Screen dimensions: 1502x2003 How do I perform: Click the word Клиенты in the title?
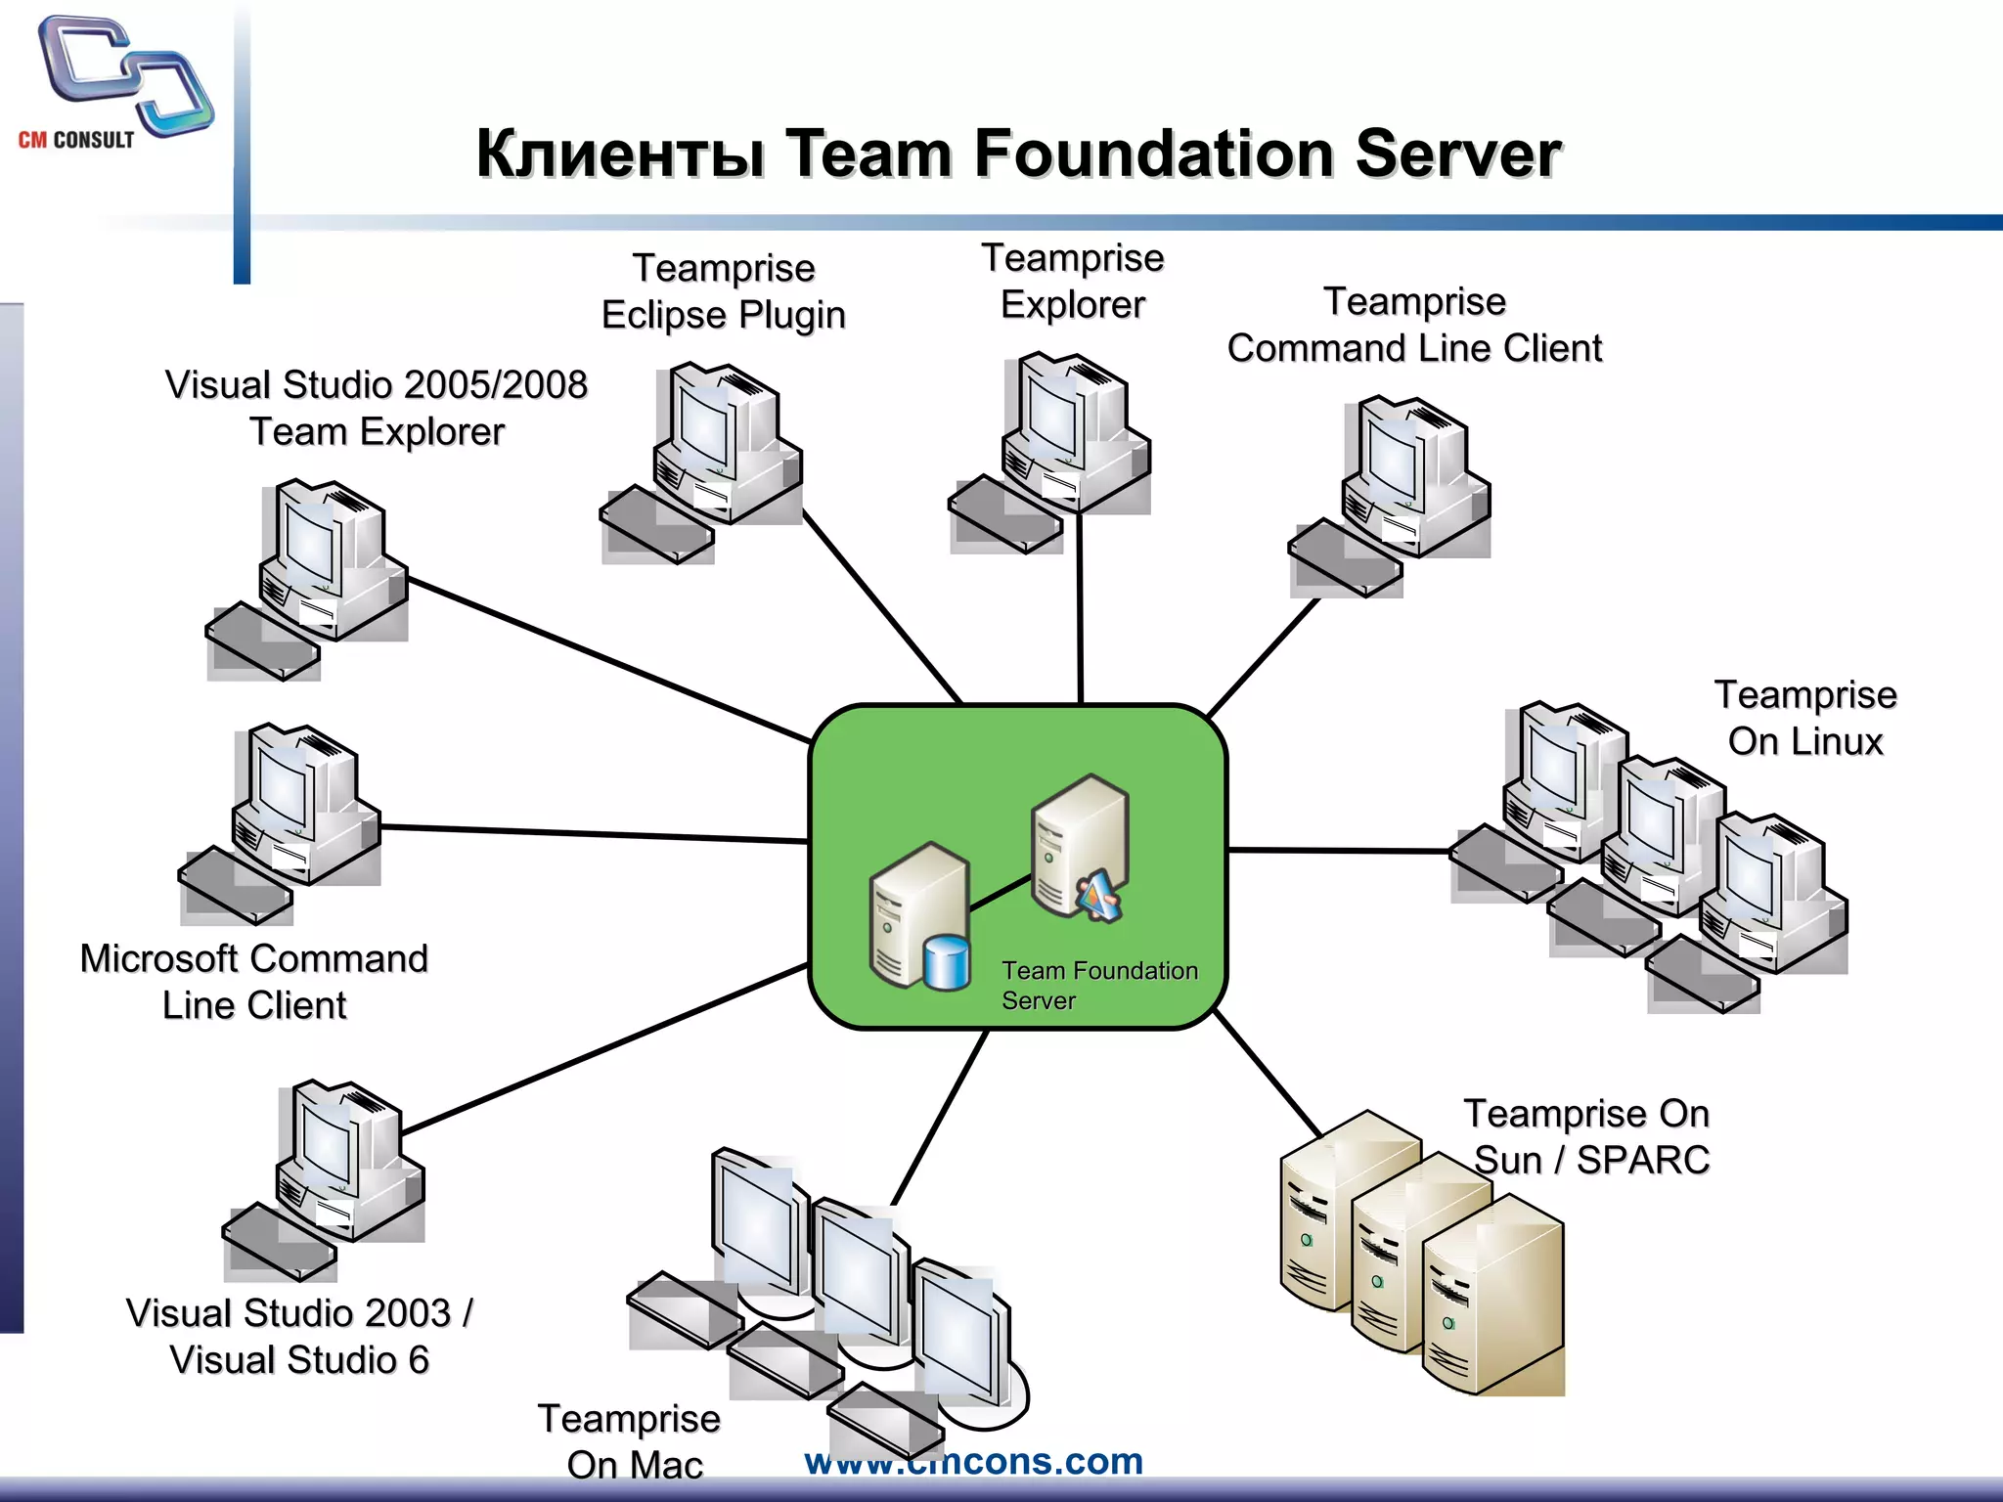point(620,155)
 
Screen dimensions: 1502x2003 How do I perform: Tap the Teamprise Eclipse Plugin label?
point(723,291)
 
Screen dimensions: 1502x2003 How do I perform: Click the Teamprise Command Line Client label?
point(1414,325)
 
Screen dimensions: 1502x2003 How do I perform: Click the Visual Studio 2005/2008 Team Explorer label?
point(377,408)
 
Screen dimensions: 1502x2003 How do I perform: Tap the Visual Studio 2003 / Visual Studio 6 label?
point(299,1336)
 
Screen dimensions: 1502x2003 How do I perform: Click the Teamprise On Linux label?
point(1804,718)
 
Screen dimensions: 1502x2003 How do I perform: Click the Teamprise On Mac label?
point(632,1440)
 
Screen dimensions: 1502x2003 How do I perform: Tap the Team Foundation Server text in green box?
point(1097,985)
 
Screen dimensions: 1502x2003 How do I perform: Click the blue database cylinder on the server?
point(946,963)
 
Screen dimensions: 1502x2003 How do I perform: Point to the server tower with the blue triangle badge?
point(1080,846)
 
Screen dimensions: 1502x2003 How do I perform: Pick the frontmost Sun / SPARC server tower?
point(1493,1296)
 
